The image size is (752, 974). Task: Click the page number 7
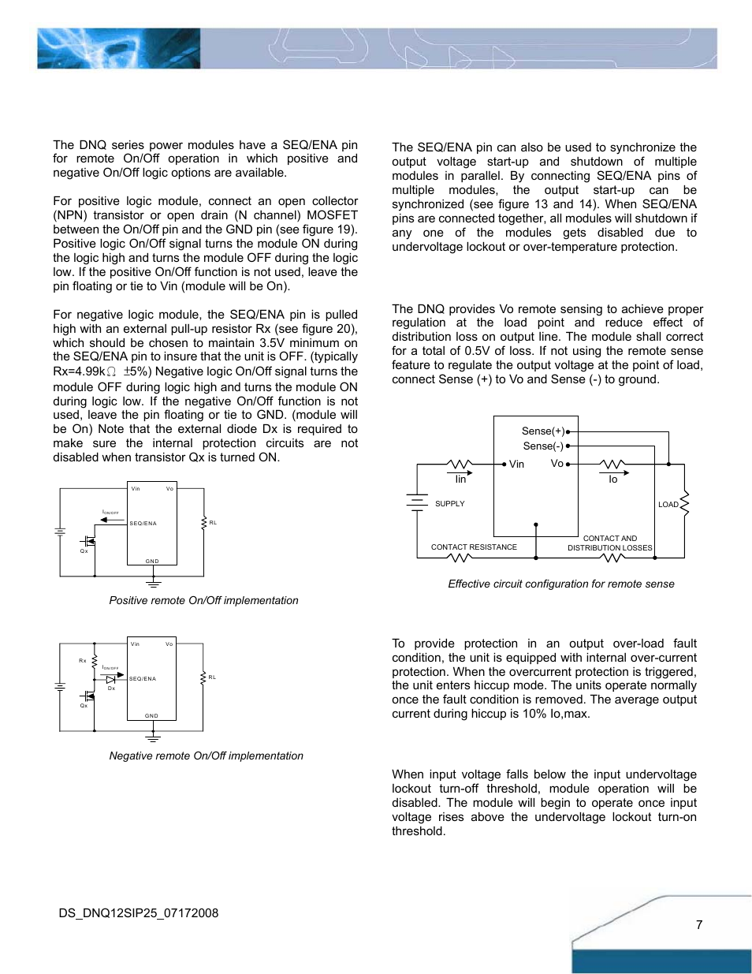699,924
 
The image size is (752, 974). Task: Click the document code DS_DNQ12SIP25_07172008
139,913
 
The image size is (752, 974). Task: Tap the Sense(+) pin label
543,431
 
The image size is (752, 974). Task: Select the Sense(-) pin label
543,446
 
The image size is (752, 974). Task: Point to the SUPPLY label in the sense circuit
450,504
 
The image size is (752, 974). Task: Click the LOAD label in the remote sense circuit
668,505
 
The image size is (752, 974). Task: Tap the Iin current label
460,480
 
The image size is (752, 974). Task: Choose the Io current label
612,480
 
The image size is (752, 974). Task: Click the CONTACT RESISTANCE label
474,547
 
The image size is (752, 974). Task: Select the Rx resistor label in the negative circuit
83,661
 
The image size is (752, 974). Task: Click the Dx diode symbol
111,679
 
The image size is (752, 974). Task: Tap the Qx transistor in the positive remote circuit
87,542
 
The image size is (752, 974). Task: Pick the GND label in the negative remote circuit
151,716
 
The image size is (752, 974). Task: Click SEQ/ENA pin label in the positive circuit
143,524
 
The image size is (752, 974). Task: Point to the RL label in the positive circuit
213,523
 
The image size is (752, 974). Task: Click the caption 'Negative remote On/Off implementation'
206,756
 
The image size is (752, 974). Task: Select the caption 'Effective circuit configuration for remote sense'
560,584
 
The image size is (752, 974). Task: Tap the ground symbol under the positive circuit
153,584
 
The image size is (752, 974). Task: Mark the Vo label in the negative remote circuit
169,644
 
